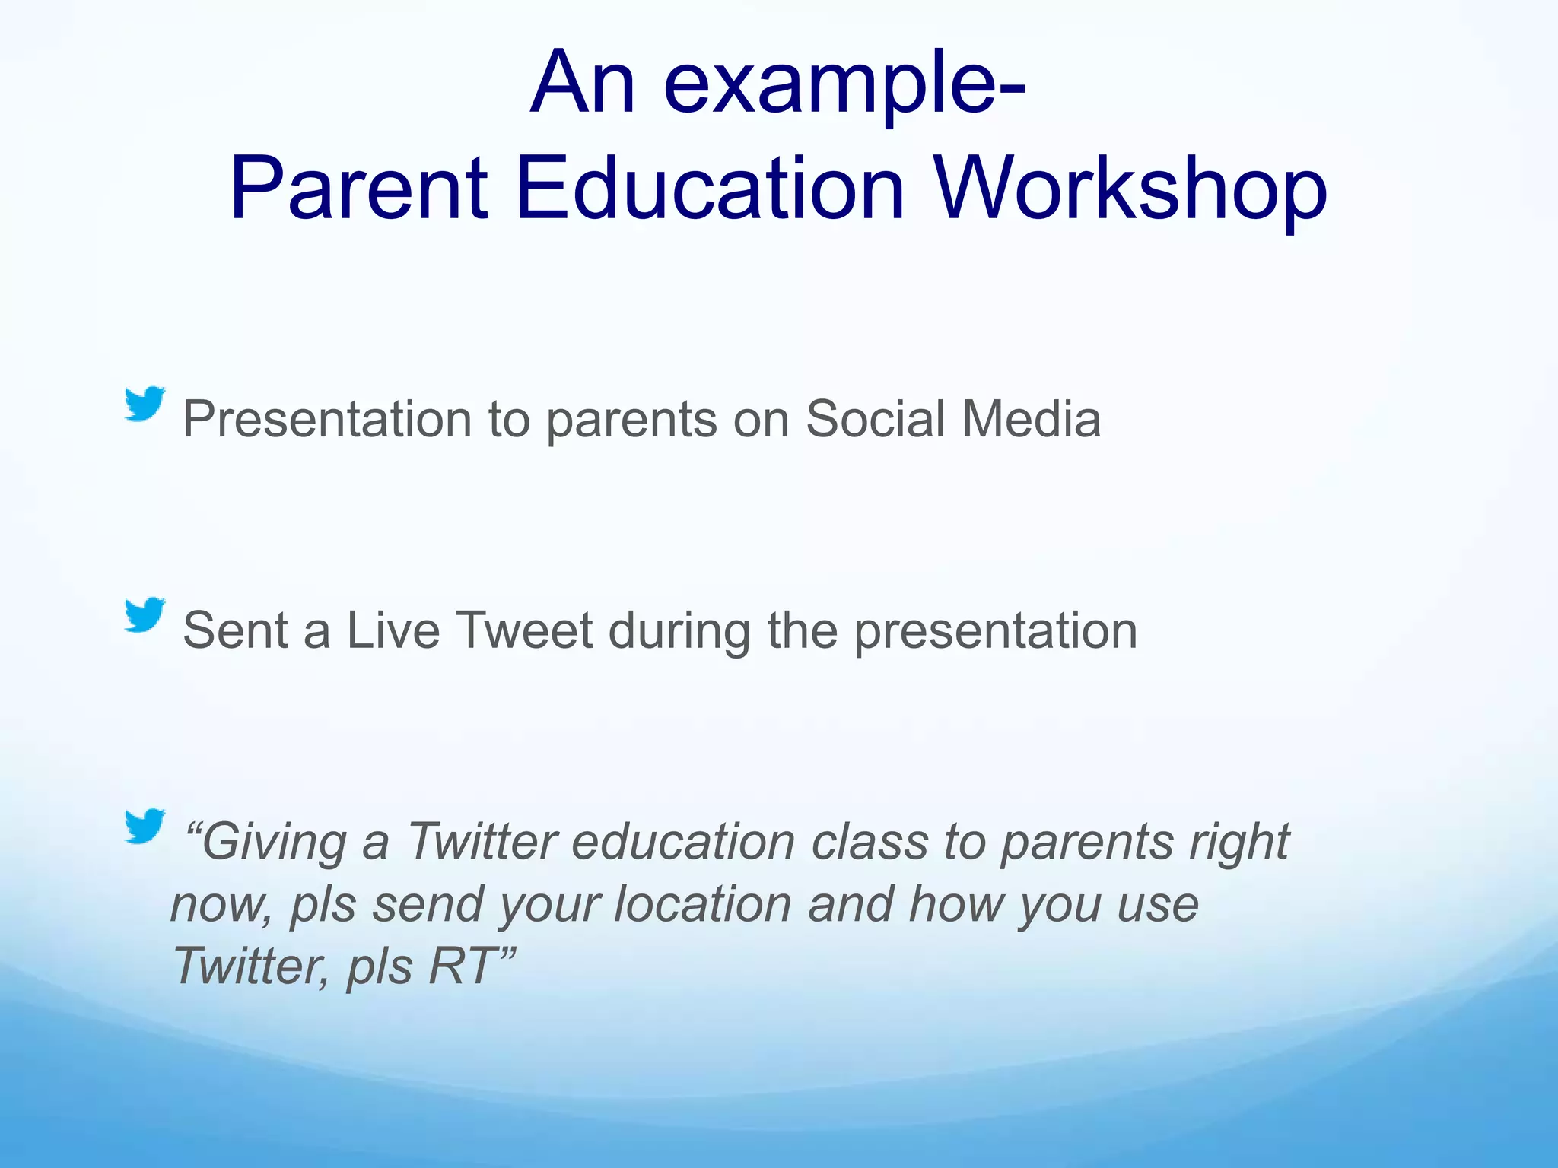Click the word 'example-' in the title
click(x=844, y=84)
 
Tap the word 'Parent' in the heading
click(x=358, y=189)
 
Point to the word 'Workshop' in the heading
click(x=1130, y=189)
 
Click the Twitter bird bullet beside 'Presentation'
click(x=145, y=403)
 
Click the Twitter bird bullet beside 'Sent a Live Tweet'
click(x=145, y=614)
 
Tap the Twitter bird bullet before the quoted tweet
click(x=145, y=826)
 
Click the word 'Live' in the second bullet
click(x=393, y=631)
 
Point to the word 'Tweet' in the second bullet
click(x=524, y=631)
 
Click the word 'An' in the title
click(x=582, y=84)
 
